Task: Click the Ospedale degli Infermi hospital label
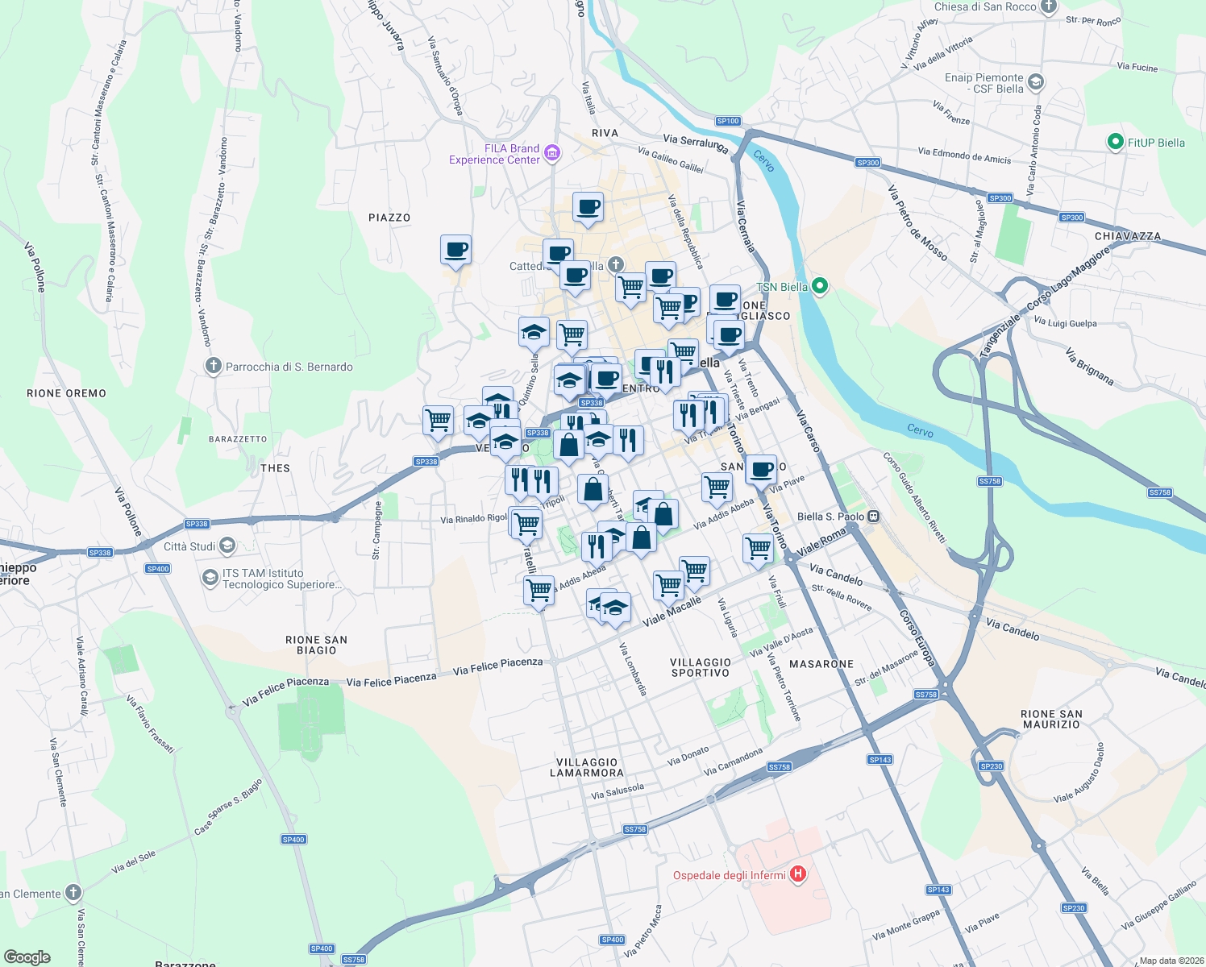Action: pyautogui.click(x=730, y=875)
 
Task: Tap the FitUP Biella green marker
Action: pyautogui.click(x=1116, y=143)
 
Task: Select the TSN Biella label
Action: pyautogui.click(x=782, y=287)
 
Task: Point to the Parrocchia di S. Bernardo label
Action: pyautogui.click(x=289, y=367)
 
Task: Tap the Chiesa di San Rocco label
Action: pyautogui.click(x=985, y=7)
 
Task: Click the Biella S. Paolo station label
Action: pyautogui.click(x=830, y=517)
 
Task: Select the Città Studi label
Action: pyautogui.click(x=189, y=546)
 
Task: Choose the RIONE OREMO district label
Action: pyautogui.click(x=66, y=393)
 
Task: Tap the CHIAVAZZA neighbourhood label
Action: pyautogui.click(x=1128, y=236)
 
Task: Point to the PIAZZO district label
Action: pyautogui.click(x=389, y=218)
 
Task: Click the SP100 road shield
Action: pyautogui.click(x=728, y=121)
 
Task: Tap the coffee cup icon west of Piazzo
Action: pyautogui.click(x=455, y=250)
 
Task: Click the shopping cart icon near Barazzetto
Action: pyautogui.click(x=438, y=420)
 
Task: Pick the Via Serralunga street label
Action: pyautogui.click(x=695, y=143)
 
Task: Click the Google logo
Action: pyautogui.click(x=27, y=957)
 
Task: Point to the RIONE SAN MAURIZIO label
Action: pyautogui.click(x=1051, y=719)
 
